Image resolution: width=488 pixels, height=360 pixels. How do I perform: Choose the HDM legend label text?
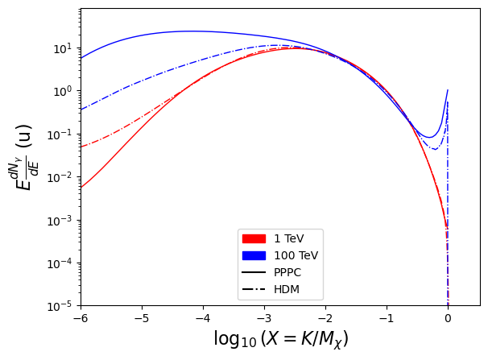[287, 289]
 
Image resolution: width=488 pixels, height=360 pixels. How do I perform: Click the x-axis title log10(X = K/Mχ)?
[280, 339]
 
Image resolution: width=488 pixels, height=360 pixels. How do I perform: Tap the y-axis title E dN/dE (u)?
[23, 157]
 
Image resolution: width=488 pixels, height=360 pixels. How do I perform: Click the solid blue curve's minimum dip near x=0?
[429, 137]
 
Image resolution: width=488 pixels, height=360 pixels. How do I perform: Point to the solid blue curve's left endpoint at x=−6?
[81, 58]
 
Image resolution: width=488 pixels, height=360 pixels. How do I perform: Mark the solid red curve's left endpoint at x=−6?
[81, 188]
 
